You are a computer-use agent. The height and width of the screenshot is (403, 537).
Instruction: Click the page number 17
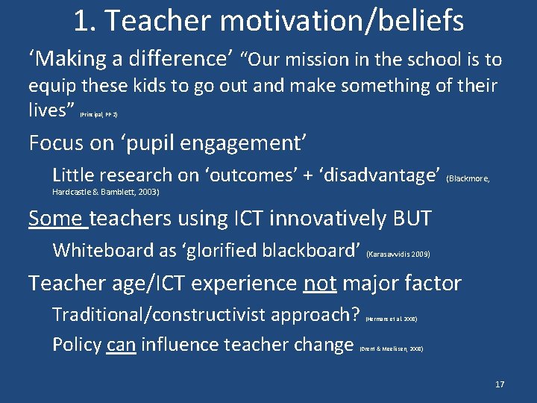click(499, 384)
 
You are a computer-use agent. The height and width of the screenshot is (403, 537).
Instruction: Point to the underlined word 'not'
click(320, 284)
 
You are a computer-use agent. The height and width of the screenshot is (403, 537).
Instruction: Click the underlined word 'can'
click(121, 345)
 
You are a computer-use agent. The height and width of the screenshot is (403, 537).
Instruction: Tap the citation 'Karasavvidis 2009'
click(399, 254)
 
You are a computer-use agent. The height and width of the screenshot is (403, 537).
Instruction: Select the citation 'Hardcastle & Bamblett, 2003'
click(106, 193)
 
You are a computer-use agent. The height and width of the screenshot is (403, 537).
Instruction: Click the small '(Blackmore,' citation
click(468, 179)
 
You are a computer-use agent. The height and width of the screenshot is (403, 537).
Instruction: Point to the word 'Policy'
click(77, 345)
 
